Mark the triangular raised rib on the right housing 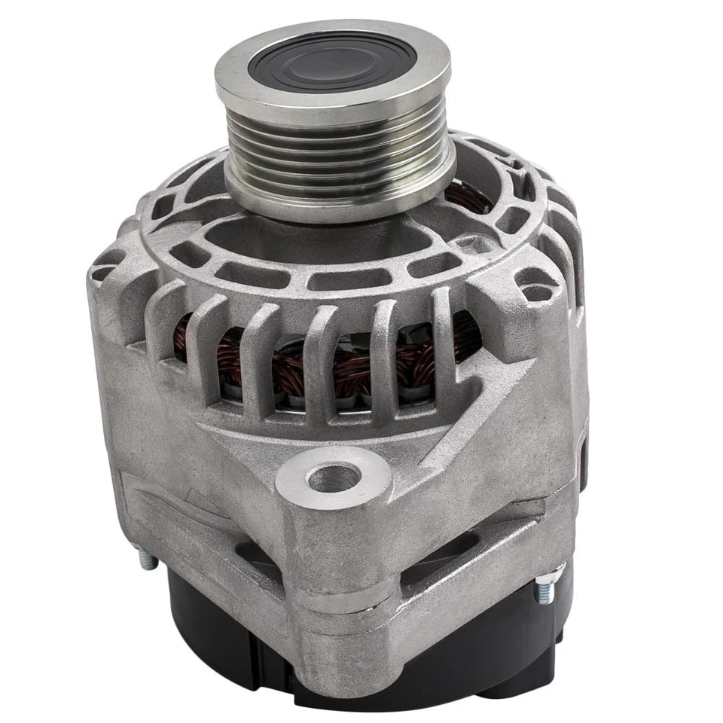click(482, 399)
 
